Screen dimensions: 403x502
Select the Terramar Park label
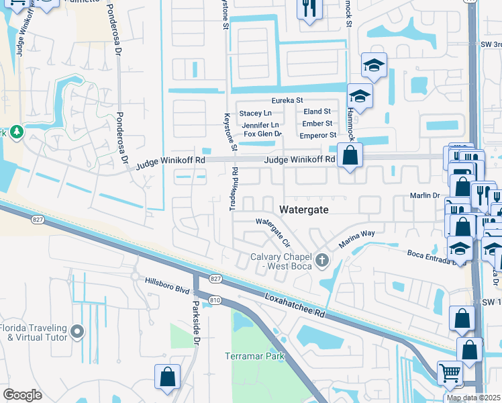click(x=255, y=356)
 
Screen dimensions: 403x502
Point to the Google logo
click(x=22, y=395)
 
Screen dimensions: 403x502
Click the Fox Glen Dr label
click(x=262, y=134)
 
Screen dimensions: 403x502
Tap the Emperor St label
click(x=317, y=136)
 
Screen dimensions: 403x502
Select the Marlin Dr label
click(x=424, y=195)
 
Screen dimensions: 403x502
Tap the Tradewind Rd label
click(x=233, y=189)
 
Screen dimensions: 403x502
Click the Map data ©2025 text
click(x=474, y=398)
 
